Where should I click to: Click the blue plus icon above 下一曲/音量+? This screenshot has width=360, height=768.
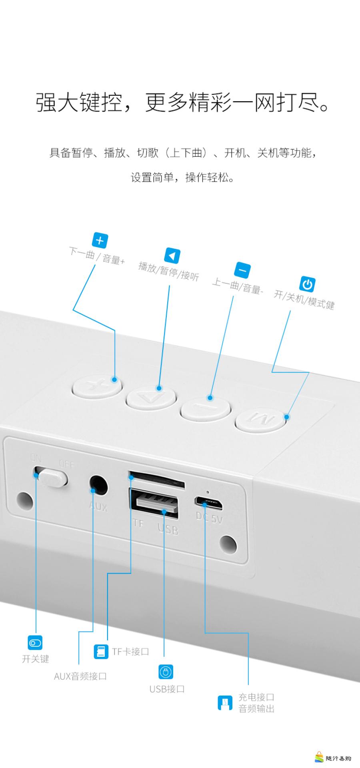[x=100, y=240]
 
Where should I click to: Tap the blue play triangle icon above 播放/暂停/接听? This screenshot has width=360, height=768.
[x=172, y=256]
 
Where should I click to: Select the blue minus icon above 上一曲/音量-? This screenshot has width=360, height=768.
[x=242, y=270]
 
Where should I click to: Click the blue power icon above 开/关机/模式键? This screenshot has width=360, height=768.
[x=307, y=284]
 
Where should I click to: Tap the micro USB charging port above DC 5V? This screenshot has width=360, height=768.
[x=208, y=502]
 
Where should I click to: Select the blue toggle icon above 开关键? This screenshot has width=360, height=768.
[x=35, y=643]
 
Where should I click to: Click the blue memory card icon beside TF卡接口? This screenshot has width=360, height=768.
[x=101, y=652]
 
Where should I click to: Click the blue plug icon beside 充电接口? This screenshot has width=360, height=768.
[x=225, y=703]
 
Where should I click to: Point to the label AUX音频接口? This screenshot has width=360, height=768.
[x=80, y=676]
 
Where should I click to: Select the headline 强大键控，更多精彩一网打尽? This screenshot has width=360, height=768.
[x=183, y=102]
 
